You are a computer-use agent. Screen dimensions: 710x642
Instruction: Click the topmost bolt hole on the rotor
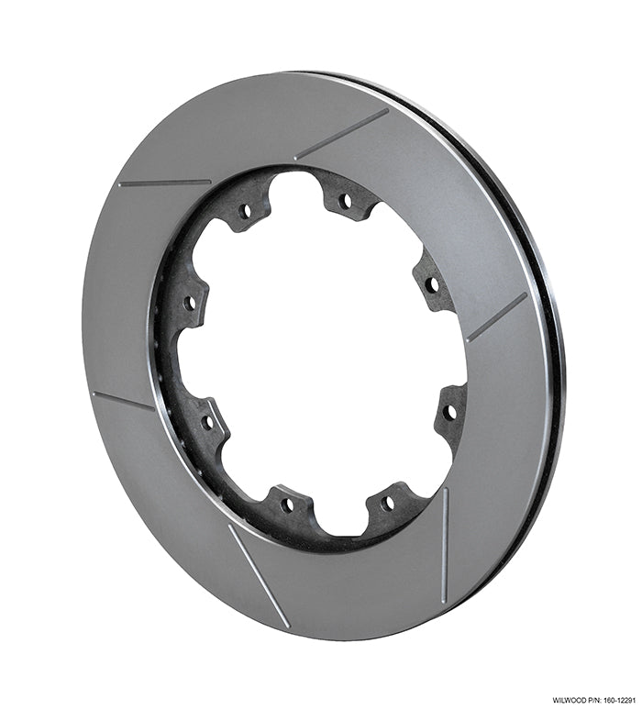[x=345, y=200]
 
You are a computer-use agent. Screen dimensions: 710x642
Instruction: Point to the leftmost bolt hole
[x=189, y=302]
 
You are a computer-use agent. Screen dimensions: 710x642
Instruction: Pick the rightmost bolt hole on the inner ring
[x=448, y=412]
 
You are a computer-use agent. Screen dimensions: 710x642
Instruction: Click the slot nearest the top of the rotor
[x=341, y=134]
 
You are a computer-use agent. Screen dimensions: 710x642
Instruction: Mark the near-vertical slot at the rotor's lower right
[x=444, y=545]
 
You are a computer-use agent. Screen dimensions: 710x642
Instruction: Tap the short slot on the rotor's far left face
[x=123, y=401]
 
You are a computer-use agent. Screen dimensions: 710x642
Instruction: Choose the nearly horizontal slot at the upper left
[x=164, y=183]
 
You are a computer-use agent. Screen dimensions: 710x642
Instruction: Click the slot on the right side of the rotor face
[x=496, y=317]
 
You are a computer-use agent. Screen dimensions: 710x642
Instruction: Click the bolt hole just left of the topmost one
[x=245, y=210]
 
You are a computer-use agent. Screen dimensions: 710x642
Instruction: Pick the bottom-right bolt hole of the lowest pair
[x=387, y=504]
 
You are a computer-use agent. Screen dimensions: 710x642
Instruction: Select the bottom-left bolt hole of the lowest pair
[x=287, y=504]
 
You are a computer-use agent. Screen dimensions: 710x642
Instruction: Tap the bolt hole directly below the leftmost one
[x=208, y=423]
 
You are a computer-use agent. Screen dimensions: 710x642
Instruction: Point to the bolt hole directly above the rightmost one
[x=432, y=284]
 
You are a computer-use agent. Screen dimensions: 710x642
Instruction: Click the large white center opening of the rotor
[x=321, y=358]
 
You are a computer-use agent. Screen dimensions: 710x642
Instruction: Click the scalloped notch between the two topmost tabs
[x=295, y=183]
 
